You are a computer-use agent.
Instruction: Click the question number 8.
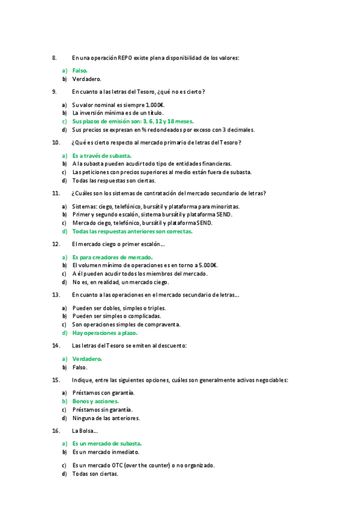point(55,58)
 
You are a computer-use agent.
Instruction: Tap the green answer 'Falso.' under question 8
point(80,70)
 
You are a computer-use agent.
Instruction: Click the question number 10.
point(56,142)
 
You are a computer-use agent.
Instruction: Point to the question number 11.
point(56,193)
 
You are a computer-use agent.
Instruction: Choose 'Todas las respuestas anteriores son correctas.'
point(132,230)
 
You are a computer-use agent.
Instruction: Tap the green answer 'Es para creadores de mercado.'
point(112,257)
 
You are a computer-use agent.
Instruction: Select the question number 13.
point(56,295)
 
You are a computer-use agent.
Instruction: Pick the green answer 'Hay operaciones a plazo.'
point(105,333)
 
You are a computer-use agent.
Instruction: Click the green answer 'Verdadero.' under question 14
point(87,358)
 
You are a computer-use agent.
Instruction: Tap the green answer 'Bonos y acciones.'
point(95,400)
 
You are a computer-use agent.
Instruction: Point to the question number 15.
point(56,379)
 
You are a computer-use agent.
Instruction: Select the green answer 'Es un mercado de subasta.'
point(107,443)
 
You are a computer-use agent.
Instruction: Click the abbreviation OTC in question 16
point(118,465)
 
